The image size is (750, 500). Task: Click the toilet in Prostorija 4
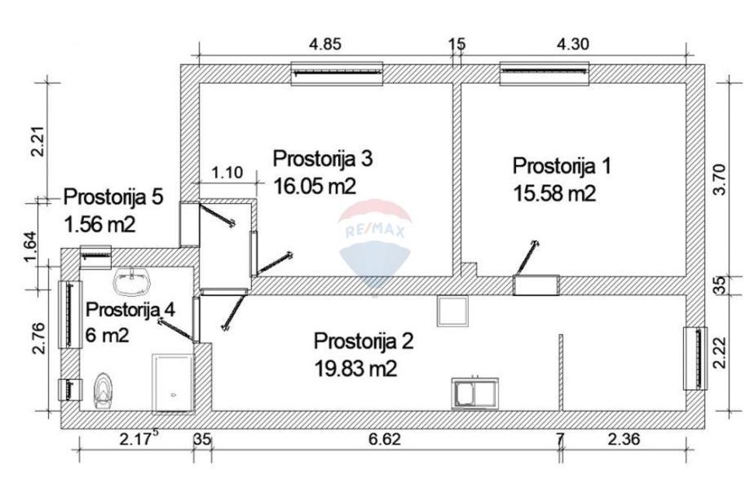click(103, 391)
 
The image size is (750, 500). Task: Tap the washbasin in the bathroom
click(131, 281)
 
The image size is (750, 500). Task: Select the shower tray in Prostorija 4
click(172, 383)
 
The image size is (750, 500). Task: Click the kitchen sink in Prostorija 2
click(475, 394)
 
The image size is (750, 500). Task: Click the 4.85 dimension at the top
click(325, 45)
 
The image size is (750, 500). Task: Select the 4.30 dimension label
click(573, 45)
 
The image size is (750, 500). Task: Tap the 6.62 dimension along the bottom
click(385, 440)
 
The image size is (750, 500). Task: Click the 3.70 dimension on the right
click(719, 179)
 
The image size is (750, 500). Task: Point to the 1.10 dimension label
click(227, 172)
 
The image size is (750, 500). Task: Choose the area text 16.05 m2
click(315, 186)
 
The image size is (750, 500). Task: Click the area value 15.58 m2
click(554, 194)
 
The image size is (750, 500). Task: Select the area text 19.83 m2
click(355, 369)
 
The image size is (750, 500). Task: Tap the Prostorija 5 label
click(113, 197)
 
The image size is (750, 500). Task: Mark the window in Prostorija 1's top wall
click(545, 73)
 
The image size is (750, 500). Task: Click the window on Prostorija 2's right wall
click(695, 358)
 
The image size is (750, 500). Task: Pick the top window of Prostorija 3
click(337, 73)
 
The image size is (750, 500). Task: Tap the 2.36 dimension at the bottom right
click(624, 440)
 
